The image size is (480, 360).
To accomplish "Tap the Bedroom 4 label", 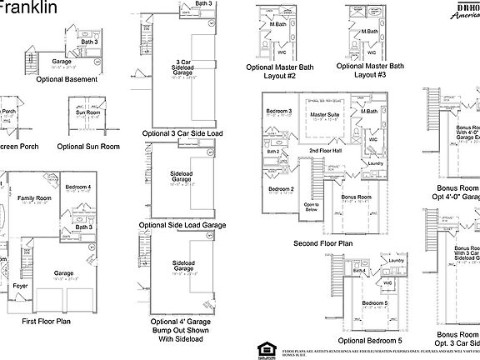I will click(x=78, y=187).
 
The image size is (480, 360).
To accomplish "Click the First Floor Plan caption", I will click(x=52, y=321).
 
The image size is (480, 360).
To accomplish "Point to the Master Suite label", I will click(x=324, y=114).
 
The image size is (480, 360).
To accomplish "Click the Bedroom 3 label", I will click(x=279, y=112).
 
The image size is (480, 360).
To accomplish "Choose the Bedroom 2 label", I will click(x=280, y=189).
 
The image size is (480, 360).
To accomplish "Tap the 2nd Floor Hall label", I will click(x=324, y=150).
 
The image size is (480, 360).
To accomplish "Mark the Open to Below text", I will click(x=311, y=207).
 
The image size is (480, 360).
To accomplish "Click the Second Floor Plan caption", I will click(x=323, y=243).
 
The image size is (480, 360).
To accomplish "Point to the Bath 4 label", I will click(x=360, y=270).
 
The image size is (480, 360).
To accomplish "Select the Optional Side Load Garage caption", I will click(x=184, y=225).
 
